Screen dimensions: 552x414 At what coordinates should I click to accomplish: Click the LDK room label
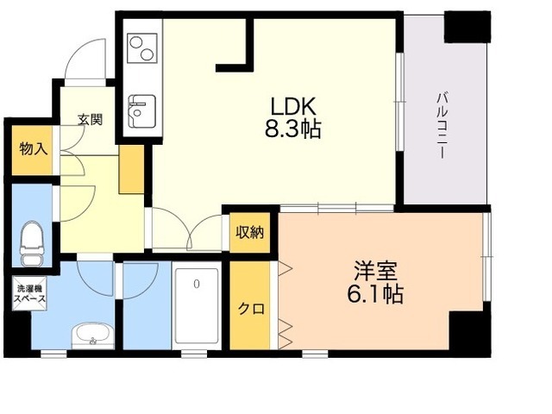coord(293,106)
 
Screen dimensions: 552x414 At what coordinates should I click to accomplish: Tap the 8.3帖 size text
coord(293,129)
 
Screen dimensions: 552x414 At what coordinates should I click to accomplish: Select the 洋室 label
coord(376,270)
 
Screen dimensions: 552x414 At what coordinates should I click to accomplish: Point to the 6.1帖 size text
coord(375,294)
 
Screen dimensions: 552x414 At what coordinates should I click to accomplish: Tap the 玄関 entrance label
coord(90,120)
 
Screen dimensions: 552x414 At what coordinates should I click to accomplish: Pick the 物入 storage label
coord(33,149)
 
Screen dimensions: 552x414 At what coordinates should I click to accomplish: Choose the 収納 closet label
coord(249,232)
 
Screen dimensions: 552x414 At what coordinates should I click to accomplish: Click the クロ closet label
coord(251,309)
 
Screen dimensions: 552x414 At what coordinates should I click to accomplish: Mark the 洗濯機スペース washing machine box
coord(29,293)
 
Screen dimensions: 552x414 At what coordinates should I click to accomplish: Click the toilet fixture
coord(32,243)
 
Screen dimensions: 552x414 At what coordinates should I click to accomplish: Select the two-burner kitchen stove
coord(142,48)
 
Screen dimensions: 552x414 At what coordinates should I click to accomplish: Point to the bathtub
coord(197,310)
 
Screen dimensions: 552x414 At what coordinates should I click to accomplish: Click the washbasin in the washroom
coord(93,336)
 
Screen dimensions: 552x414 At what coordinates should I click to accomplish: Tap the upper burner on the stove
coord(135,42)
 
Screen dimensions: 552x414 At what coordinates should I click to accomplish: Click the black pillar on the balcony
coord(467,27)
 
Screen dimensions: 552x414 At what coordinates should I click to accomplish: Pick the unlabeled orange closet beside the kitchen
coord(132,169)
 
